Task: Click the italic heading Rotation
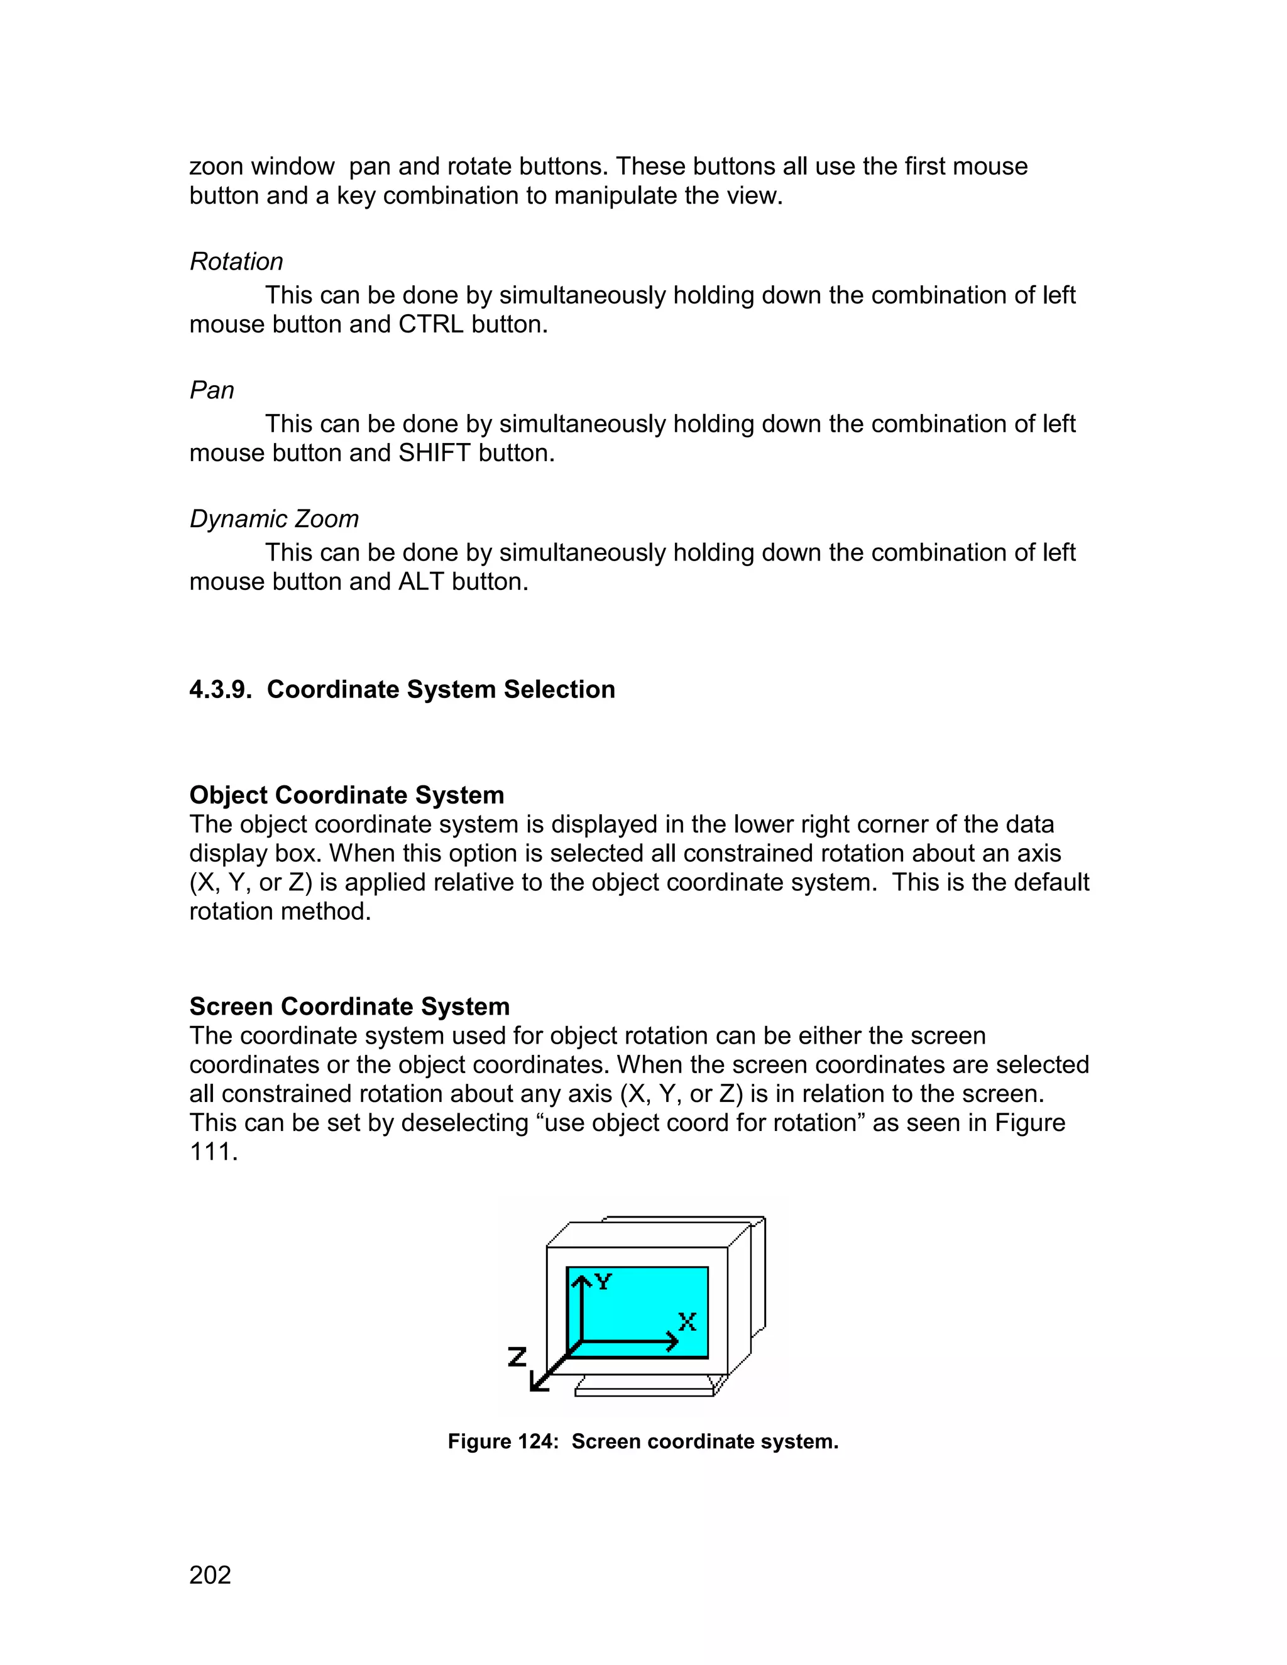(236, 261)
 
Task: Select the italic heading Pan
(211, 390)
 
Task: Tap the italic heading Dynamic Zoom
(274, 519)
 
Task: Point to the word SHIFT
(435, 454)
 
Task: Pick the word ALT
(422, 582)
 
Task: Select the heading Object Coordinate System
(346, 795)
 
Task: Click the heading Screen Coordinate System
(349, 1007)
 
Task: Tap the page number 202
(210, 1575)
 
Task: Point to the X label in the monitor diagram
(687, 1322)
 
